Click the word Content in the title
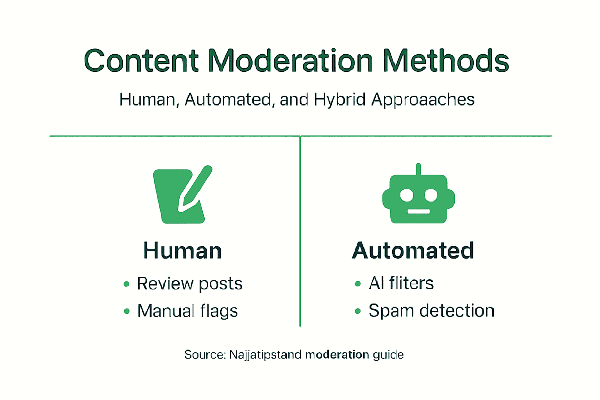click(142, 61)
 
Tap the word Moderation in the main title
click(290, 61)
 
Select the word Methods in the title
click(446, 61)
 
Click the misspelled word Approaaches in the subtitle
click(423, 100)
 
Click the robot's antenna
click(418, 169)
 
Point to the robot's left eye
click(407, 195)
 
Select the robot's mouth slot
click(418, 211)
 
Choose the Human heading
click(182, 251)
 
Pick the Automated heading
click(413, 250)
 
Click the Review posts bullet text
click(189, 284)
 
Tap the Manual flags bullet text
click(187, 311)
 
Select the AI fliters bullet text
click(401, 283)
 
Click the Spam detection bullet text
click(431, 311)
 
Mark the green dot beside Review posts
click(126, 284)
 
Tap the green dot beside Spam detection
click(358, 311)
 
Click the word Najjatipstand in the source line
click(265, 355)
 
